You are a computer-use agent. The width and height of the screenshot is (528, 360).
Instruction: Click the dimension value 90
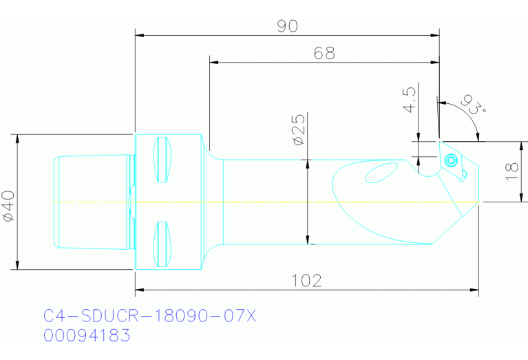click(x=287, y=25)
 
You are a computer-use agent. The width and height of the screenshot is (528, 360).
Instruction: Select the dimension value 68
click(x=324, y=54)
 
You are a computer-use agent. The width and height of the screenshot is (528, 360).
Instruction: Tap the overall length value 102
click(x=307, y=280)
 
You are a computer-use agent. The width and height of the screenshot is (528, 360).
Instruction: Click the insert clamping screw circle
click(x=451, y=160)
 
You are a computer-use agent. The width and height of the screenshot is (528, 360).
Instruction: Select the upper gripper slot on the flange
click(x=162, y=160)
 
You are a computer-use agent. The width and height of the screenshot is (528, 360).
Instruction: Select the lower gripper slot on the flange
click(x=162, y=244)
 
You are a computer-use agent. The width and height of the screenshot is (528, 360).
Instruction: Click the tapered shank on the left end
click(x=93, y=202)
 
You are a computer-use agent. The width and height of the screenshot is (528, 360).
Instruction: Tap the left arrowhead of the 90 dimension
click(x=139, y=34)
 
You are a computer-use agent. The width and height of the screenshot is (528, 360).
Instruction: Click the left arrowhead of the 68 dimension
click(x=213, y=63)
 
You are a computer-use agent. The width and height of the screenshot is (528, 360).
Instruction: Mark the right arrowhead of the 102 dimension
click(x=475, y=290)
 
